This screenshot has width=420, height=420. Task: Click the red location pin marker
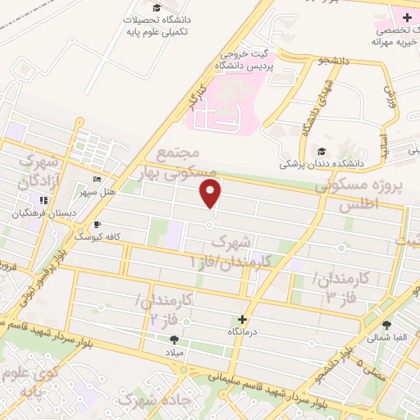[211, 194]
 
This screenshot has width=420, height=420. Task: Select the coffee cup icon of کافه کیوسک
[98, 224]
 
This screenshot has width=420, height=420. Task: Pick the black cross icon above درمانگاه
[242, 318]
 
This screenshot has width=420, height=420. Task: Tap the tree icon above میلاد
[174, 340]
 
